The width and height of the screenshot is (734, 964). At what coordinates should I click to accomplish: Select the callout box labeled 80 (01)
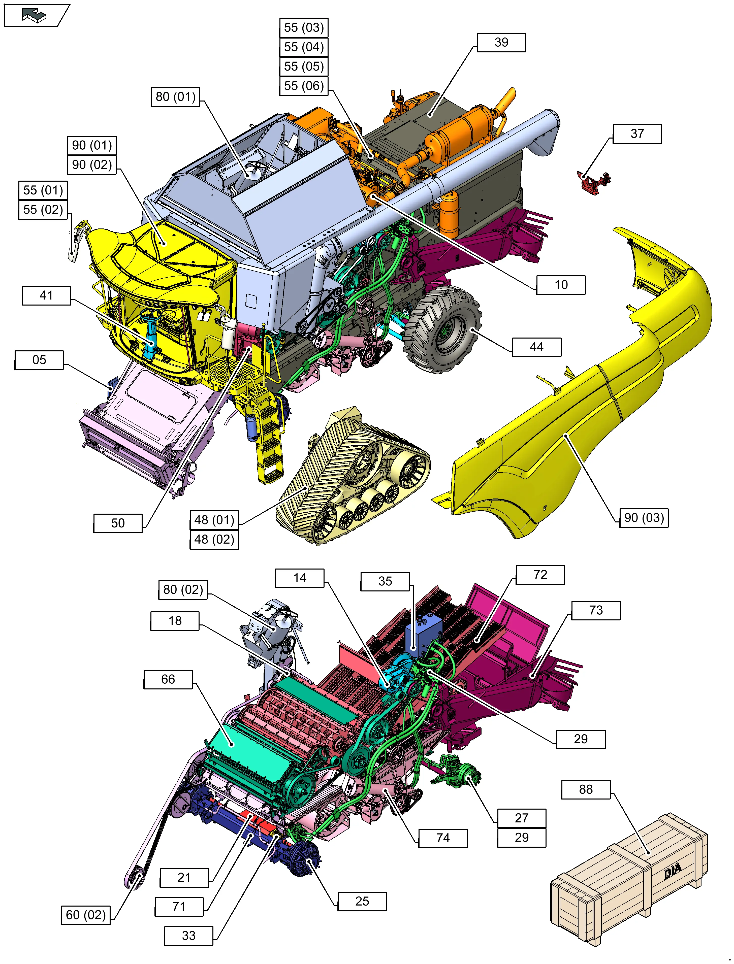tap(175, 96)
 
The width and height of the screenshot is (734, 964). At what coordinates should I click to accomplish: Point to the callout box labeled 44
tap(536, 347)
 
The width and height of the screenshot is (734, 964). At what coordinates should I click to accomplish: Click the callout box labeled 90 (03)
tap(644, 518)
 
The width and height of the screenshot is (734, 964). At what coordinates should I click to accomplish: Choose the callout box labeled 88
tap(585, 789)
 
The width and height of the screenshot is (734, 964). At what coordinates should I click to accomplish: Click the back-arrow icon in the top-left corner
tap(35, 15)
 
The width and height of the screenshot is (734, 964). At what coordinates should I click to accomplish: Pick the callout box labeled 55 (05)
tap(304, 67)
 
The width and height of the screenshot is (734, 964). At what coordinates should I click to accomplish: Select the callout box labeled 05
tap(39, 360)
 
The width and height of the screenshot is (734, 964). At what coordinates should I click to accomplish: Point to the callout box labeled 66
tap(168, 679)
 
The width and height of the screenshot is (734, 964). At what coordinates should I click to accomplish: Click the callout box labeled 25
tap(362, 901)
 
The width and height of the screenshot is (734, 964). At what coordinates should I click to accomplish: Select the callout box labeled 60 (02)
tap(86, 915)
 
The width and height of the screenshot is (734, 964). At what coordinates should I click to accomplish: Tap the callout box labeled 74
tap(442, 838)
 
